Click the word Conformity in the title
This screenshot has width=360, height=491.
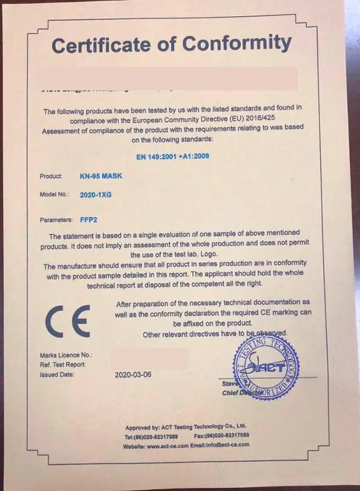pyautogui.click(x=236, y=43)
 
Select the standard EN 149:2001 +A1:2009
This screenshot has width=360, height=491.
pyautogui.click(x=173, y=156)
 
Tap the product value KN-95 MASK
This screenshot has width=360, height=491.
pyautogui.click(x=100, y=176)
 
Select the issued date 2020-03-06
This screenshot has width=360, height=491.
pyautogui.click(x=133, y=374)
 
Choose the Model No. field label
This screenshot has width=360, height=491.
pyautogui.click(x=54, y=195)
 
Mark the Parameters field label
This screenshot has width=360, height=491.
pyautogui.click(x=56, y=220)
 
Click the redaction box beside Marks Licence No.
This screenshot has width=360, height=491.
pyautogui.click(x=149, y=358)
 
